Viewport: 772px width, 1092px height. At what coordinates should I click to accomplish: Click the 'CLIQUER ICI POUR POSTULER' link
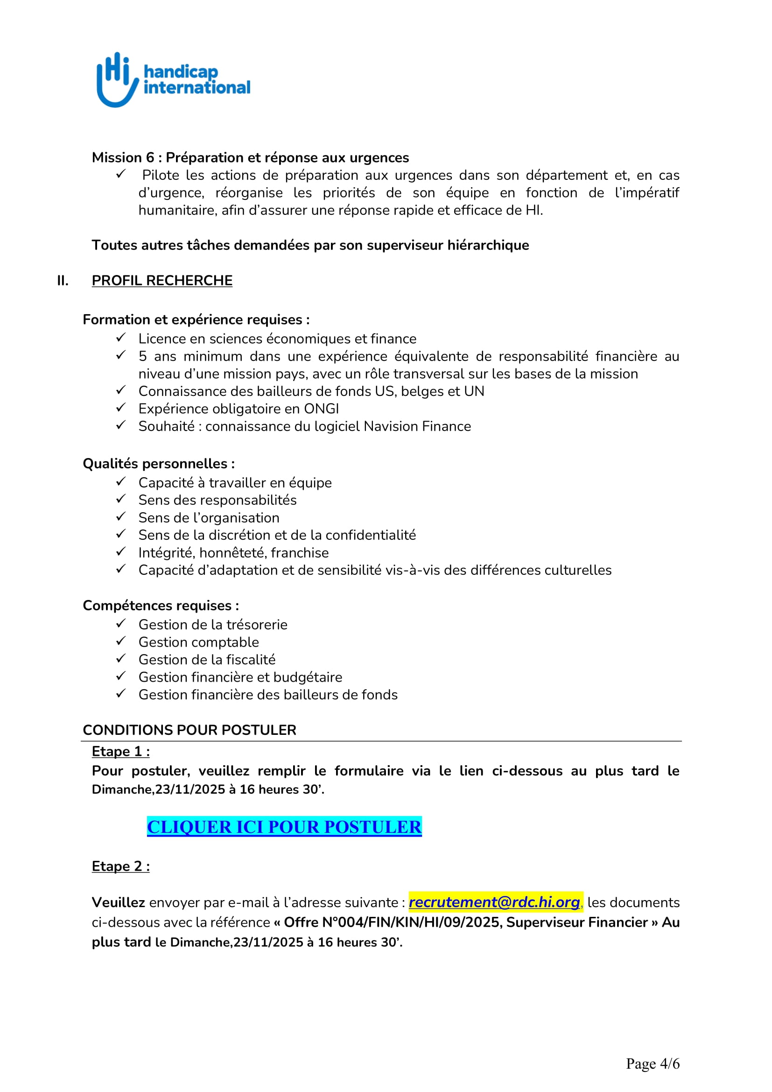[x=284, y=827]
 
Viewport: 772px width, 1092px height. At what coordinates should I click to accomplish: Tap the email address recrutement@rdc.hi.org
[x=494, y=902]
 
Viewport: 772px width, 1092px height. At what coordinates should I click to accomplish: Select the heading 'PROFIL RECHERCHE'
[x=161, y=281]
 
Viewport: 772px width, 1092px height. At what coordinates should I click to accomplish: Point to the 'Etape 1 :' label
[x=121, y=752]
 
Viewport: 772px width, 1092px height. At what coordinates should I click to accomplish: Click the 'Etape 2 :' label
[x=121, y=866]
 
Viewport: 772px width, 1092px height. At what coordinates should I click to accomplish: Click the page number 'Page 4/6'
[x=652, y=1064]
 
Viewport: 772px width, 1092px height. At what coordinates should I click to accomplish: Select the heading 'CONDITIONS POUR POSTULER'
[x=189, y=730]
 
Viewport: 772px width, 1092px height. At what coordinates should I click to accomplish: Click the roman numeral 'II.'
[x=63, y=281]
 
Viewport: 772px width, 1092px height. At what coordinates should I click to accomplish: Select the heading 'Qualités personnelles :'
[x=159, y=464]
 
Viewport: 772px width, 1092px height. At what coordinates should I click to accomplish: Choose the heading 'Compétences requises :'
[x=161, y=606]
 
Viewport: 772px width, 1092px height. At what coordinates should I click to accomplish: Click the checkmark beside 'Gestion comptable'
[x=121, y=641]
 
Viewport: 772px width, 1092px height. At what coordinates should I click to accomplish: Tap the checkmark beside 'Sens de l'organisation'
[x=121, y=516]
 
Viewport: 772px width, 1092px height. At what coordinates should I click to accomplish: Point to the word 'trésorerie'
[x=257, y=625]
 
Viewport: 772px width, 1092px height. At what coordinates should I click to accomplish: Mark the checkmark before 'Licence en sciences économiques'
[x=121, y=338]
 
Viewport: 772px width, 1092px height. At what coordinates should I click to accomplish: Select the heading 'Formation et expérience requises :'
[x=196, y=320]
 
